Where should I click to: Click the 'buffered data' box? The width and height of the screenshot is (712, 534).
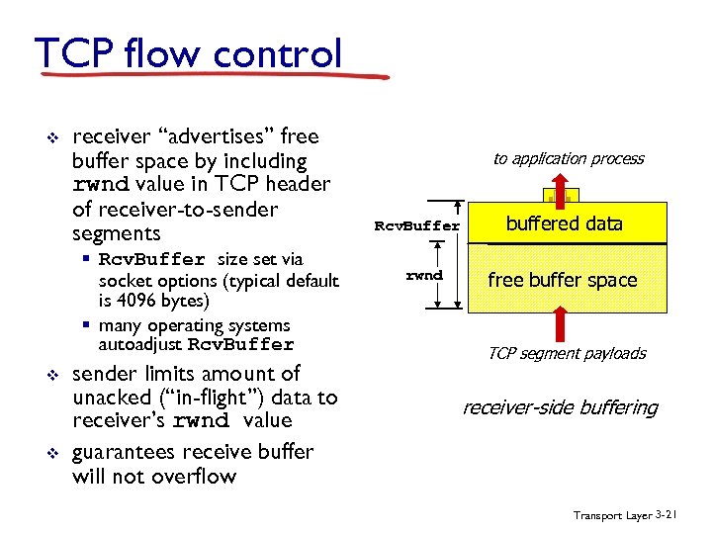click(565, 224)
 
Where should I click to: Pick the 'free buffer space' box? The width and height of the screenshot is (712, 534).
click(563, 280)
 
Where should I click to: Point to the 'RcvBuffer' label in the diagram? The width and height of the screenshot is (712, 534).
click(416, 225)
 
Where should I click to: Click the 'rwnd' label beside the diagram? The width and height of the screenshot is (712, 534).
click(424, 275)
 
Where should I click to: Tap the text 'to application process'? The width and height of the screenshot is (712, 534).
click(569, 158)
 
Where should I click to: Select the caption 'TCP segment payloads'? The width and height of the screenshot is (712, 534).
click(567, 353)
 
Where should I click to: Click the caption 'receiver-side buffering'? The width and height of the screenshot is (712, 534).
click(561, 407)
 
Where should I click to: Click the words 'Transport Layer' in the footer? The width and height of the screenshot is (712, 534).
click(612, 515)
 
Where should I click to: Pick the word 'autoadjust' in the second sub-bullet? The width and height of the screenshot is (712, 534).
click(140, 345)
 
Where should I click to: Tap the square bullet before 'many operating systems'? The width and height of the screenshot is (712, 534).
click(87, 325)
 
